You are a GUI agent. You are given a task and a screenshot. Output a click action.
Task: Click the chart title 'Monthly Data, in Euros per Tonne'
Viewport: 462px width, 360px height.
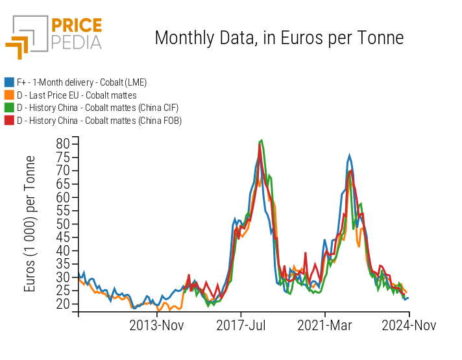pyautogui.click(x=279, y=38)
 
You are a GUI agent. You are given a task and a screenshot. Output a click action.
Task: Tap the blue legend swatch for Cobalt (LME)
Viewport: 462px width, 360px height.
pyautogui.click(x=9, y=82)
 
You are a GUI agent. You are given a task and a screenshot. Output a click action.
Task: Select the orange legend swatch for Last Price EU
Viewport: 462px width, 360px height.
pyautogui.click(x=9, y=95)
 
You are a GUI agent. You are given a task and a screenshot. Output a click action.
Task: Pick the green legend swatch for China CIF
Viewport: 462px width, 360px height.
pyautogui.click(x=9, y=108)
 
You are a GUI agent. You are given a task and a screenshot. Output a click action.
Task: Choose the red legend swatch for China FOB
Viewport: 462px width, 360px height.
pyautogui.click(x=9, y=121)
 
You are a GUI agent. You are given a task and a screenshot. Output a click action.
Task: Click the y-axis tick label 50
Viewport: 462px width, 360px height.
pyautogui.click(x=62, y=224)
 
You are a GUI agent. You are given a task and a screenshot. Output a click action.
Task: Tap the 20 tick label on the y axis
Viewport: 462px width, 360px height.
pyautogui.click(x=62, y=304)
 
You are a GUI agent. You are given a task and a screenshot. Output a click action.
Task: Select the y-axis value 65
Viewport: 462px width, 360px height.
pyautogui.click(x=62, y=184)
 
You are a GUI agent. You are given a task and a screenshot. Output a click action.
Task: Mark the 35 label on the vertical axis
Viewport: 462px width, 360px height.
pyautogui.click(x=62, y=264)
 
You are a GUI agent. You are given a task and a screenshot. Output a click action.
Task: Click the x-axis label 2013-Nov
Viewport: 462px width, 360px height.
pyautogui.click(x=158, y=325)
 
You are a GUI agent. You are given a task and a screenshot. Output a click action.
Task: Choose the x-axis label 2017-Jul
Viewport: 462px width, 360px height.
pyautogui.click(x=241, y=325)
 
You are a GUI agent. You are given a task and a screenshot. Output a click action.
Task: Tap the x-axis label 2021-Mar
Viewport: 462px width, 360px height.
pyautogui.click(x=325, y=325)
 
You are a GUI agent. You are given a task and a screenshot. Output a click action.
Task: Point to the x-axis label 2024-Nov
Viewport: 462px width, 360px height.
pyautogui.click(x=408, y=325)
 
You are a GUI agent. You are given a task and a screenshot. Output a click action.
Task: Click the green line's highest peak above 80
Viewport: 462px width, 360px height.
pyautogui.click(x=261, y=140)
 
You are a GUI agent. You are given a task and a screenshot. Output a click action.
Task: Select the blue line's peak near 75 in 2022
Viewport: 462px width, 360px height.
pyautogui.click(x=349, y=156)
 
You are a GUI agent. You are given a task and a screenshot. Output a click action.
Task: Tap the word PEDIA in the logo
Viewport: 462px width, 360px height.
pyautogui.click(x=76, y=43)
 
